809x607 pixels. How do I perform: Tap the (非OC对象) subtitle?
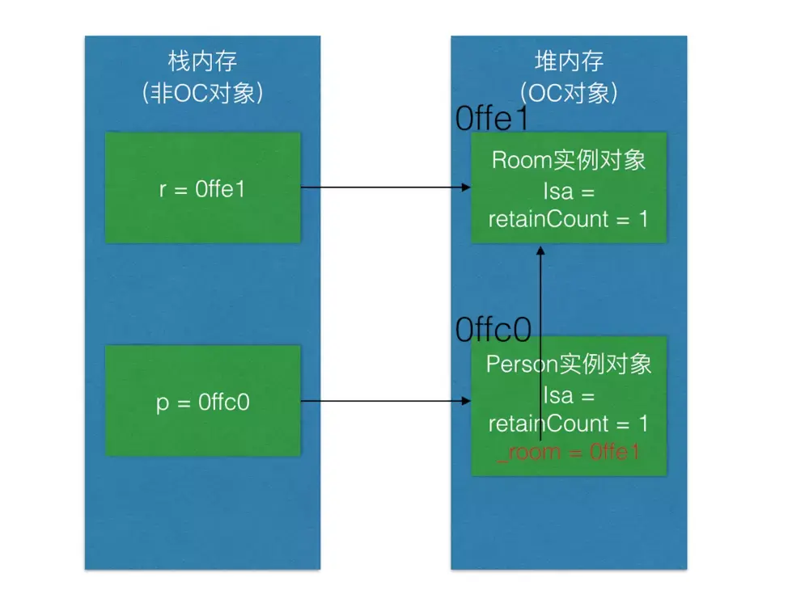pyautogui.click(x=202, y=94)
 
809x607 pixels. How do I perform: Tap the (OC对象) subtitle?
pyautogui.click(x=570, y=94)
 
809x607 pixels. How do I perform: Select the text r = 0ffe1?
pyautogui.click(x=203, y=189)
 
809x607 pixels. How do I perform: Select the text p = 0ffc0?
pyautogui.click(x=203, y=403)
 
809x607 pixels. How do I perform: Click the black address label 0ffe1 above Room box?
pyautogui.click(x=492, y=120)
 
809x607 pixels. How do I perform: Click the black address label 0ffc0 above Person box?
pyautogui.click(x=493, y=330)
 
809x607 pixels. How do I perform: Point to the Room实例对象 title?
pyautogui.click(x=569, y=159)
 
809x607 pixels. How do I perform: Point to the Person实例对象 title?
pyautogui.click(x=569, y=364)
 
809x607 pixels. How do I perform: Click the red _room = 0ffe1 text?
pyautogui.click(x=569, y=452)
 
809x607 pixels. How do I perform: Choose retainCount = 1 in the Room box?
pyautogui.click(x=569, y=218)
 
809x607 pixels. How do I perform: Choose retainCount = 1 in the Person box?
pyautogui.click(x=569, y=424)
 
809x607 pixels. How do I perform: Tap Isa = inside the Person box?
pyautogui.click(x=569, y=396)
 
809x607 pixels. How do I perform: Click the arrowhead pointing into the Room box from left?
pyautogui.click(x=467, y=188)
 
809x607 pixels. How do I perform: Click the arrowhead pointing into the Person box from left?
pyautogui.click(x=467, y=401)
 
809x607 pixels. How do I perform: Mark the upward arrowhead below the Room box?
pyautogui.click(x=541, y=250)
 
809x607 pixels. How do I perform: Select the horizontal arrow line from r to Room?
pyautogui.click(x=380, y=188)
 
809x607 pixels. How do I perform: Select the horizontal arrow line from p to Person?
pyautogui.click(x=380, y=401)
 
